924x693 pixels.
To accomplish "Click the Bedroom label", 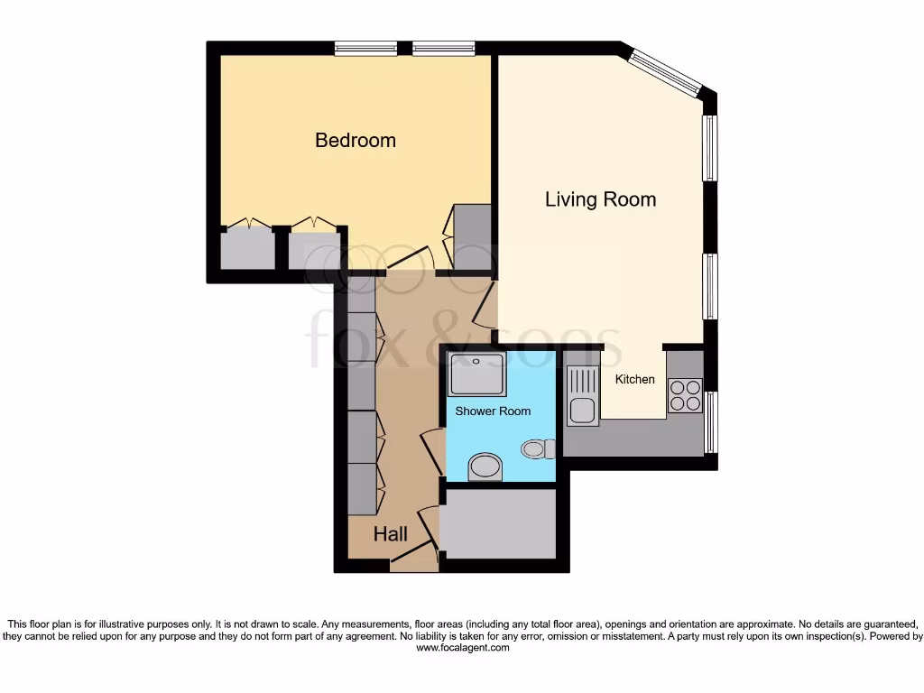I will [355, 141].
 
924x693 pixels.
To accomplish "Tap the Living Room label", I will [600, 199].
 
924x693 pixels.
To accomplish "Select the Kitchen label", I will [634, 379].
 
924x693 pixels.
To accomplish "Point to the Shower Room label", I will [493, 411].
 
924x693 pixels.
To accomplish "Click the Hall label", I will [391, 534].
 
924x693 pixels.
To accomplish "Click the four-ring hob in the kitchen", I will [685, 394].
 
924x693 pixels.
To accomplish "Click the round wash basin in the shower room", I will [486, 467].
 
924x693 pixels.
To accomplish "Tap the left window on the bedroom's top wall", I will [365, 48].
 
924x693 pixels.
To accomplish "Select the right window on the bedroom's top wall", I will [444, 48].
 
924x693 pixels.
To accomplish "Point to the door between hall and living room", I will [485, 305].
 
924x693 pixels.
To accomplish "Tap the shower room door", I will [431, 451].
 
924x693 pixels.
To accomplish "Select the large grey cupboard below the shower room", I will [497, 524].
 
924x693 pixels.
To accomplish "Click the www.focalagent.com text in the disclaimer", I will [462, 648].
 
